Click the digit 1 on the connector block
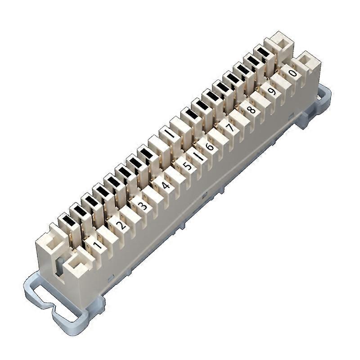pyautogui.click(x=96, y=245)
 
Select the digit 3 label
pyautogui.click(x=142, y=206)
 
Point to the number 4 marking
pyautogui.click(x=166, y=185)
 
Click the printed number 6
pyautogui.click(x=209, y=147)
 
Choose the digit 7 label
pyautogui.click(x=230, y=128)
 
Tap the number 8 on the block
pyautogui.click(x=251, y=109)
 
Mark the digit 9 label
pyautogui.click(x=271, y=91)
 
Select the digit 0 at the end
pyautogui.click(x=292, y=73)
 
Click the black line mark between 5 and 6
pyautogui.click(x=198, y=156)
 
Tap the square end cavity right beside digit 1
pyautogui.click(x=75, y=265)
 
